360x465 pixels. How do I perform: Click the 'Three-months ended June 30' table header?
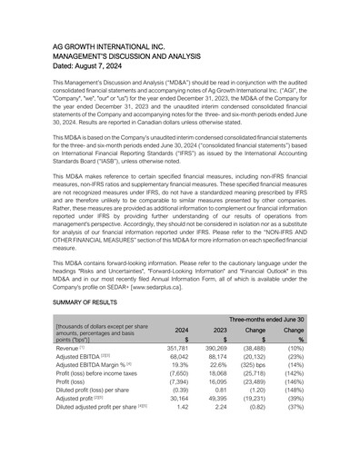[265, 319]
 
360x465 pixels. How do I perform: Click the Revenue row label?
[70, 348]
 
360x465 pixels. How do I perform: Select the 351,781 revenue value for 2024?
[177, 348]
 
